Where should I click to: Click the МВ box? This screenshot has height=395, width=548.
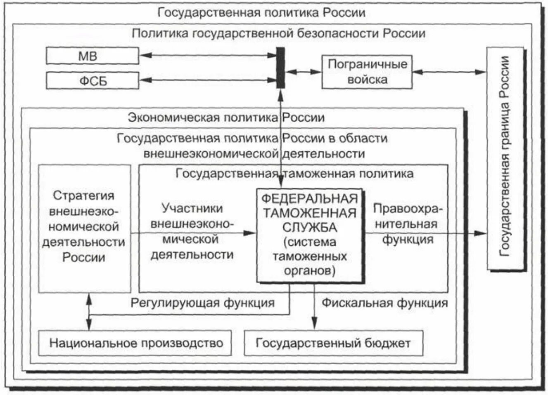[x=92, y=56]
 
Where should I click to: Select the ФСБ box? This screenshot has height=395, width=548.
[x=92, y=80]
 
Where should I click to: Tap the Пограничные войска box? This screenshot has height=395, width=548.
[x=367, y=72]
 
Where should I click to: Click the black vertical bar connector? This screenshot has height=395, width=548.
[x=280, y=68]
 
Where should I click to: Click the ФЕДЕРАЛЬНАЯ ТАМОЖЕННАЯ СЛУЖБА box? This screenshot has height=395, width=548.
[x=309, y=235]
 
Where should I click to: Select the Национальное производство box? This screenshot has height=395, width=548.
[x=135, y=343]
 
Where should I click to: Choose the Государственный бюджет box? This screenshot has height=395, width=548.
[x=333, y=343]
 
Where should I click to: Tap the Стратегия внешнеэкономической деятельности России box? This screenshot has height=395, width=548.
[x=84, y=228]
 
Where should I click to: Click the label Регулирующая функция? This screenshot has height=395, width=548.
[x=202, y=303]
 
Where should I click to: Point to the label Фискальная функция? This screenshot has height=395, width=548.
[x=384, y=303]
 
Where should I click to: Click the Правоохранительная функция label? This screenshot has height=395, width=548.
[x=407, y=224]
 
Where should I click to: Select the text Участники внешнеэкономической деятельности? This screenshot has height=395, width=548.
[x=192, y=231]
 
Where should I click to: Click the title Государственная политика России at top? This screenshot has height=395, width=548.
[x=261, y=12]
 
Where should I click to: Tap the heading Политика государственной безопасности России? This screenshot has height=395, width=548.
[x=278, y=33]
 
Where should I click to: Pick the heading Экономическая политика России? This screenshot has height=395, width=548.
[x=226, y=118]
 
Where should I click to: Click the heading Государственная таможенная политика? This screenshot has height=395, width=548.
[x=294, y=173]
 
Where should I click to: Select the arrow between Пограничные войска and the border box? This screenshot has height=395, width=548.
[x=449, y=72]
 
